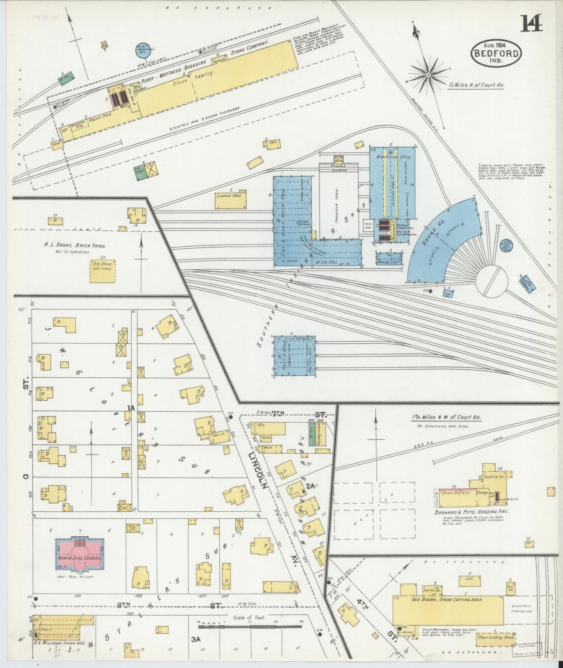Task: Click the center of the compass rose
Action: [x=428, y=74]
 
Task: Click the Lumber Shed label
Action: [x=231, y=196]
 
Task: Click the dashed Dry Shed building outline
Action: [x=103, y=269]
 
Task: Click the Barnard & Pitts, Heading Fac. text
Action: [x=471, y=512]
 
